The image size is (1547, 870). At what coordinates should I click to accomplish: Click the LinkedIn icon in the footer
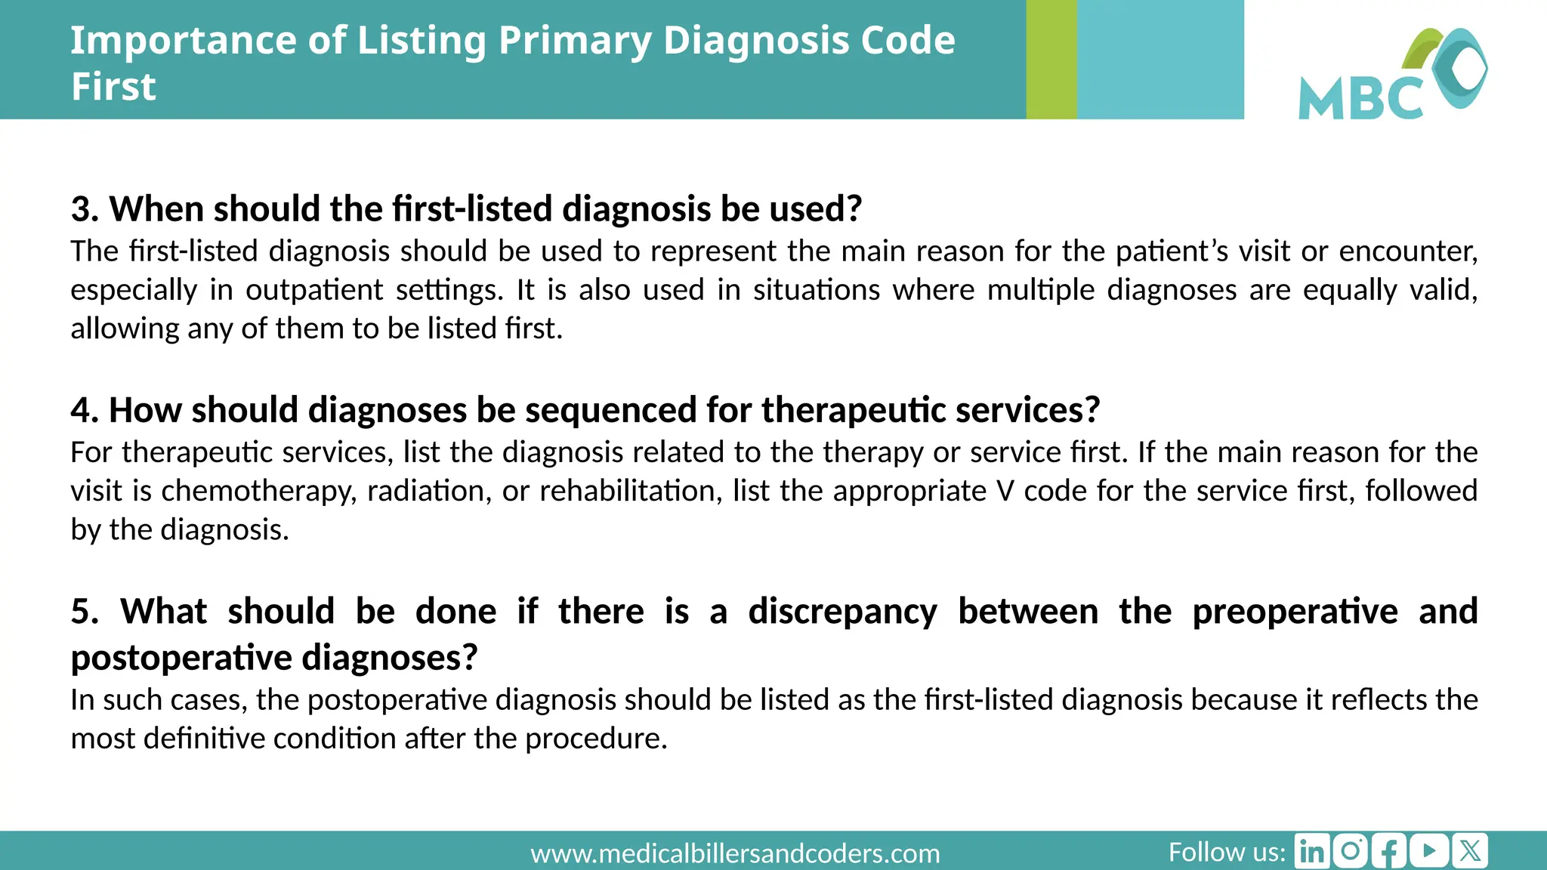tap(1312, 851)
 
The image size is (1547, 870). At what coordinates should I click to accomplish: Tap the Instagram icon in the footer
tap(1351, 851)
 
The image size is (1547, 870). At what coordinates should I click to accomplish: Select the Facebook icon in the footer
tap(1390, 851)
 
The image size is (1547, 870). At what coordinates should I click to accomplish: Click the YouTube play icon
tap(1429, 851)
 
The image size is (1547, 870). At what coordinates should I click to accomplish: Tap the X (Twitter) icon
tap(1469, 851)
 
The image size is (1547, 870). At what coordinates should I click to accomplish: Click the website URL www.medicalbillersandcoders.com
tap(735, 854)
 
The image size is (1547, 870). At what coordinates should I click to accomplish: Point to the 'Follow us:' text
tap(1227, 852)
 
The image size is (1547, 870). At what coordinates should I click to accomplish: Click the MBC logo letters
tap(1360, 98)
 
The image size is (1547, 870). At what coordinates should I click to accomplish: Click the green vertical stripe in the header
tap(1051, 59)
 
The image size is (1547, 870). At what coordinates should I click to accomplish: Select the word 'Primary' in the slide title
tap(575, 40)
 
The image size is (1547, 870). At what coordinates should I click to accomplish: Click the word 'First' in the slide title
tap(113, 86)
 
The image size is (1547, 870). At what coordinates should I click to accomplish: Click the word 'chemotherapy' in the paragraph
tap(258, 492)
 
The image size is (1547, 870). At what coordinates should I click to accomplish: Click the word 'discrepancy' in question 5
tap(842, 611)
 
